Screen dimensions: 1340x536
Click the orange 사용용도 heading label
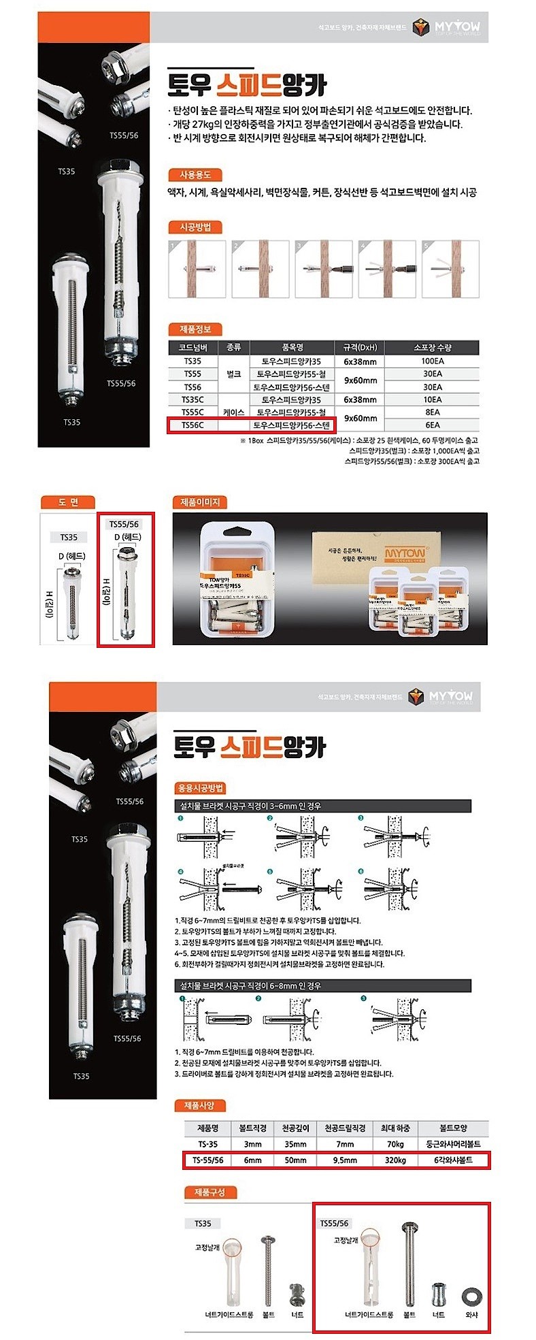click(x=195, y=175)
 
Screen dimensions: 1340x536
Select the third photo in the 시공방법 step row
click(x=324, y=269)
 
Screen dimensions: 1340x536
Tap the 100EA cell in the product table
click(x=433, y=361)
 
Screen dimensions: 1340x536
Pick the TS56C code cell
click(x=192, y=425)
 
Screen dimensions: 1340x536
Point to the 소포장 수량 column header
click(x=433, y=347)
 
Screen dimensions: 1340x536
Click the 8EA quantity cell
click(x=433, y=412)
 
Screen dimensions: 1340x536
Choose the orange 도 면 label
click(x=68, y=502)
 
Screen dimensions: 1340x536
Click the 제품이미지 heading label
click(x=200, y=502)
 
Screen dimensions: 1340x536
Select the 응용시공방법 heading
click(x=201, y=788)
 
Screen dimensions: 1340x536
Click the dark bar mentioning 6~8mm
click(x=322, y=985)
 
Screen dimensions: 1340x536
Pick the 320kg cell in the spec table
click(x=395, y=1160)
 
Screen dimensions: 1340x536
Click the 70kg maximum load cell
click(x=395, y=1145)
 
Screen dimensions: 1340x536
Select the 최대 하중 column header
click(x=395, y=1128)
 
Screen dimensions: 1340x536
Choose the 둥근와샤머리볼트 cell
click(x=454, y=1145)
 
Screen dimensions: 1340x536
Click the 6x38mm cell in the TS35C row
click(x=360, y=399)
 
